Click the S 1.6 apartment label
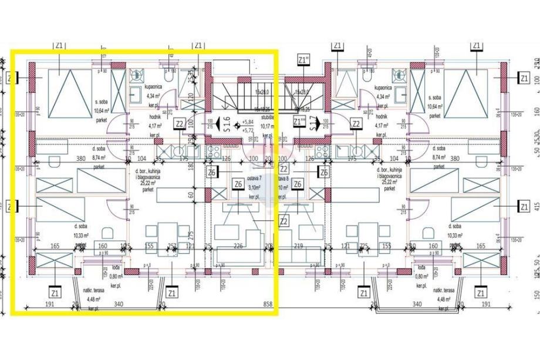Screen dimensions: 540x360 tap(227, 125)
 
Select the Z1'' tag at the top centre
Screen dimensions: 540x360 tap(304, 60)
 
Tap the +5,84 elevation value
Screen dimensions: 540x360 tap(248, 122)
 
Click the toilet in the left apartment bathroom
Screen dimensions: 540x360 tap(170, 76)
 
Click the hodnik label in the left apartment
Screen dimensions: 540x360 tap(155, 117)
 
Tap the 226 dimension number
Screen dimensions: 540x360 tap(238, 246)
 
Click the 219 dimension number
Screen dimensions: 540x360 tap(298, 246)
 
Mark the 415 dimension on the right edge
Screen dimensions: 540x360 tap(536, 207)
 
